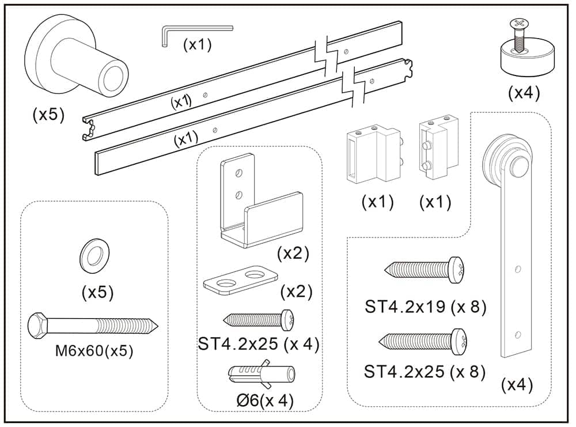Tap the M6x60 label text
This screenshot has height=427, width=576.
coord(94,351)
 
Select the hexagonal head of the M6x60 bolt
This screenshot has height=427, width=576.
coord(39,326)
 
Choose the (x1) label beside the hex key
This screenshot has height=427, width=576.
coord(197,44)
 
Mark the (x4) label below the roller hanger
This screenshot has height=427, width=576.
coord(517,384)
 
